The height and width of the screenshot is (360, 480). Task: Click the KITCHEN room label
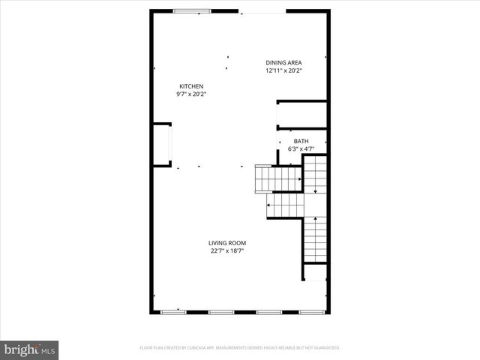(x=190, y=86)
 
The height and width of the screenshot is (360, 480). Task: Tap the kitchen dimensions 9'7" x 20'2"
(x=190, y=94)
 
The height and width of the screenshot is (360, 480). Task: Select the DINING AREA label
(x=283, y=63)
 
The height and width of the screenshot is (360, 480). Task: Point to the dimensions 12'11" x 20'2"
(x=283, y=71)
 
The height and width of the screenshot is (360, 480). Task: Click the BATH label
(x=301, y=141)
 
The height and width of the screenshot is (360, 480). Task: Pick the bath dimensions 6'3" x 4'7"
(x=301, y=149)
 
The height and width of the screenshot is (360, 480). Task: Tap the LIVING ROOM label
(x=227, y=243)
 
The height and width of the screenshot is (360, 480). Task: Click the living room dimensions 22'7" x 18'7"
(x=227, y=251)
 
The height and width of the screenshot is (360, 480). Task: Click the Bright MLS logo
(x=30, y=349)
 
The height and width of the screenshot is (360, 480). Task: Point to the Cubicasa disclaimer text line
(x=240, y=348)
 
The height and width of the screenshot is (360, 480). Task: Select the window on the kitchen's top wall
(x=193, y=10)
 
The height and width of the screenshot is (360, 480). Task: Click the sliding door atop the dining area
(x=262, y=11)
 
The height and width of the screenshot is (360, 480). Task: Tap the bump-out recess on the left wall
(x=161, y=142)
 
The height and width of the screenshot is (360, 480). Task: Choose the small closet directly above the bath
(x=301, y=114)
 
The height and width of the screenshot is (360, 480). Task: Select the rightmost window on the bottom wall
(x=310, y=311)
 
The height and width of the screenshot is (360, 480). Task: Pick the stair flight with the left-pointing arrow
(x=285, y=203)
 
